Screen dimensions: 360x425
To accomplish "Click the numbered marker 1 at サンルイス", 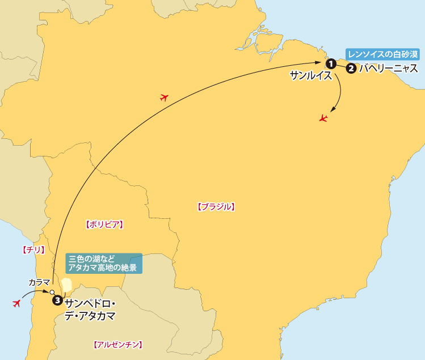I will tap(330, 63).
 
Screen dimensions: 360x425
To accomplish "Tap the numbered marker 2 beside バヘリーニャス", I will tap(351, 69).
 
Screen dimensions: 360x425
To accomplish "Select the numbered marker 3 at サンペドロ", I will tap(57, 300).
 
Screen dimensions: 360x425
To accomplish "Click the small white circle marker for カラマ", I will tap(52, 291).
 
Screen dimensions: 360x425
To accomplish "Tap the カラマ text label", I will tap(39, 282).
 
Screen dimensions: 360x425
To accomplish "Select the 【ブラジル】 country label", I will tap(216, 207).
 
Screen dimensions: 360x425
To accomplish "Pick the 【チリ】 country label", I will tap(32, 249).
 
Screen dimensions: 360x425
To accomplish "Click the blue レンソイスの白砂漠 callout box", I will tap(382, 54).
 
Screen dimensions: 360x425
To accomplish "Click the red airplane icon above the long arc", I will tap(165, 98).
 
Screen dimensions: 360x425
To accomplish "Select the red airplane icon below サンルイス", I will tap(323, 118).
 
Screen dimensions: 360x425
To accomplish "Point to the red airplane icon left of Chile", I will tap(16, 304).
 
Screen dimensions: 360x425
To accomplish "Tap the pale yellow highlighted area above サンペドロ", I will tap(66, 284).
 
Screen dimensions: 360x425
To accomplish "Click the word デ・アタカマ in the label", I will tap(90, 315).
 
